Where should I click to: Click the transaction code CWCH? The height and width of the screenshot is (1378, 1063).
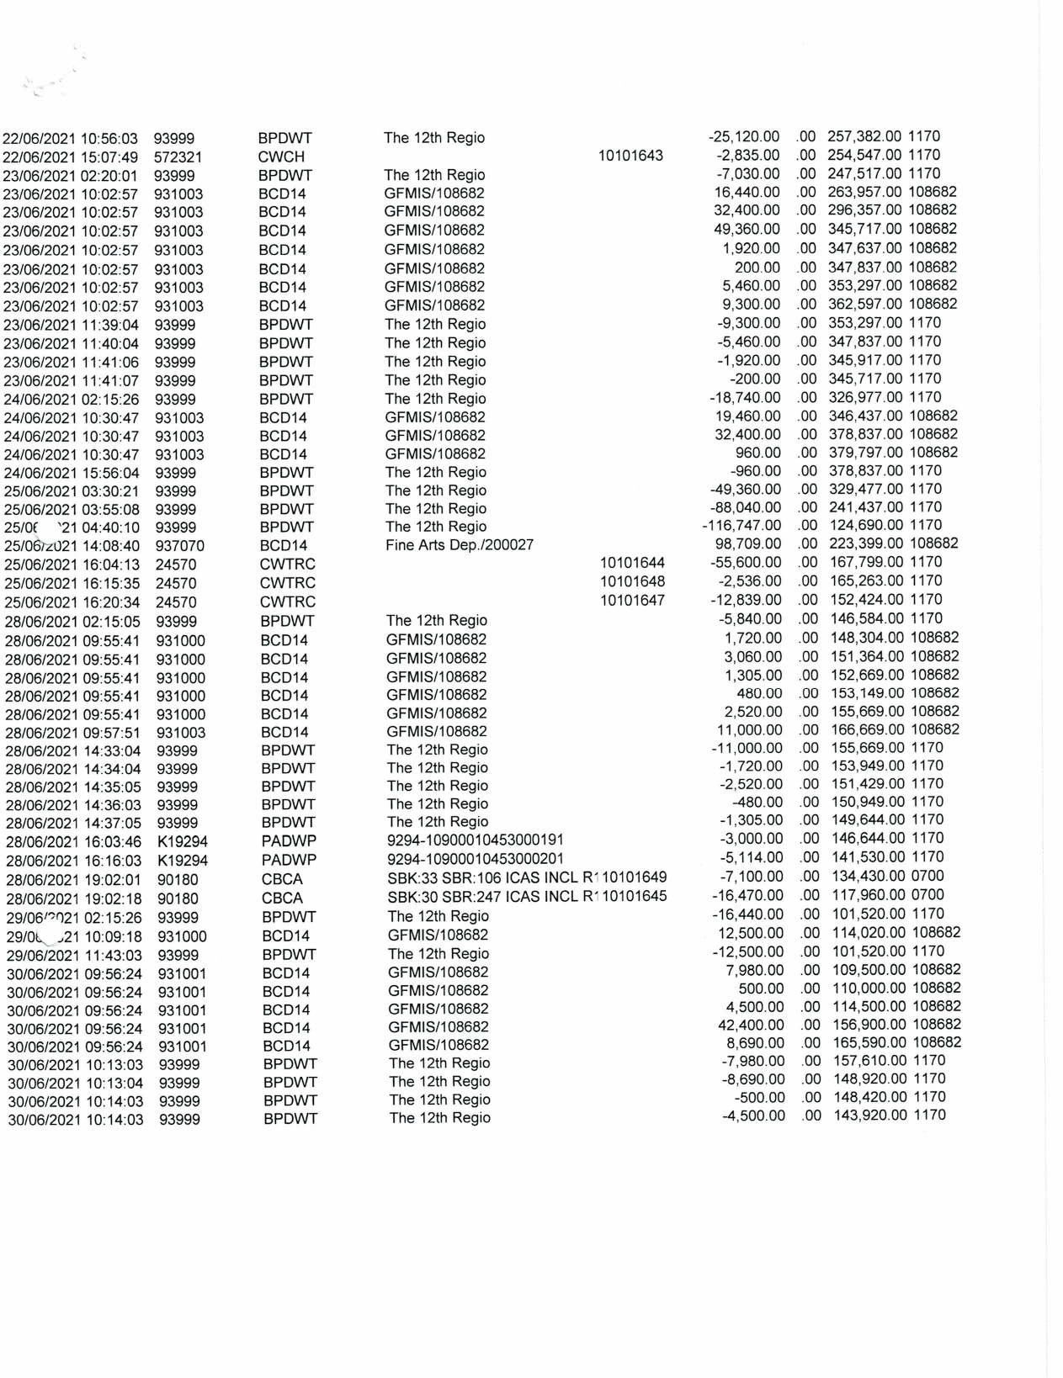click(281, 156)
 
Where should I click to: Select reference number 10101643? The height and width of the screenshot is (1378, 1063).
click(630, 156)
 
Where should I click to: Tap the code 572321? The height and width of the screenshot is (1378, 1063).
click(178, 156)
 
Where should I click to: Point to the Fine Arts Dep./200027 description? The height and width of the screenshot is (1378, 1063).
click(460, 545)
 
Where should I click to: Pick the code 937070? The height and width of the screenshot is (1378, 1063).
click(180, 546)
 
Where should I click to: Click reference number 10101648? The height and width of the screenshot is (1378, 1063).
click(632, 581)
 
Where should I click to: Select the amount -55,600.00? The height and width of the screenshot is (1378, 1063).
click(746, 563)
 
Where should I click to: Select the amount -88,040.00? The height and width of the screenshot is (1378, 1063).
click(745, 507)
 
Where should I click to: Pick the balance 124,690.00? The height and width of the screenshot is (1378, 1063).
click(869, 526)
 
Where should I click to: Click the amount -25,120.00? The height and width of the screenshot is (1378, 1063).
click(745, 136)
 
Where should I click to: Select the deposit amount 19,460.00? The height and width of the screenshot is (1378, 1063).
click(748, 416)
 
